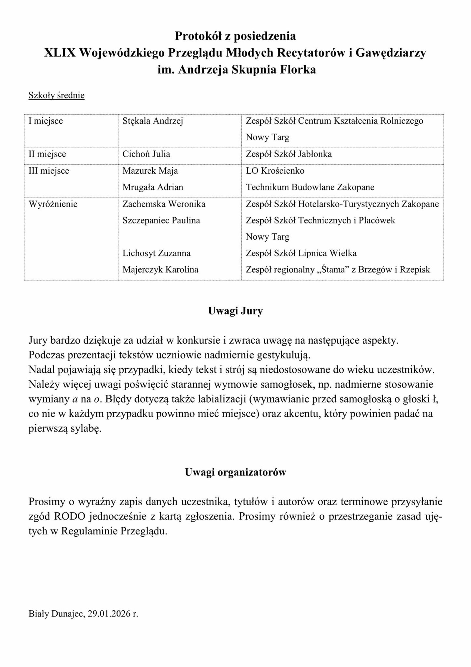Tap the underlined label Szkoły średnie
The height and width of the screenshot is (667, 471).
pos(57,95)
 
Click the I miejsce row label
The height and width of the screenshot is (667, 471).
pos(46,121)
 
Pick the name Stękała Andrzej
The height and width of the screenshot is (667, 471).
pos(153,121)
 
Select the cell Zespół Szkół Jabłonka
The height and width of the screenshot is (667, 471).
pos(289,154)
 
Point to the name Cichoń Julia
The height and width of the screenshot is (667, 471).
pos(146,154)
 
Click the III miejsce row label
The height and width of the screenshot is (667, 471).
pos(49,171)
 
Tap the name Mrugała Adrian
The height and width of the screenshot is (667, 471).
pos(153,187)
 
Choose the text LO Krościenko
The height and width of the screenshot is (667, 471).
pos(275,171)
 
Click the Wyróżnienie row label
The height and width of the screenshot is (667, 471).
pos(53,204)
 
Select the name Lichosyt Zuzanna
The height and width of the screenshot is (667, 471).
pos(157,253)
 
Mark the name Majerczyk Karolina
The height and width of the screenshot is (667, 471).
pos(160,269)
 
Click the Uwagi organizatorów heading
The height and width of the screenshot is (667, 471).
pos(235,472)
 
